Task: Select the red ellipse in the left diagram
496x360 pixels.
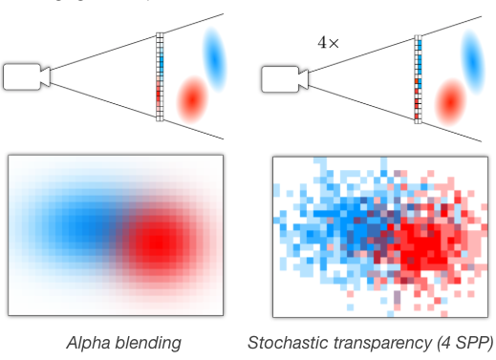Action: pyautogui.click(x=193, y=97)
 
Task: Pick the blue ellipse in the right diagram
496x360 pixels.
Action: pyautogui.click(x=473, y=55)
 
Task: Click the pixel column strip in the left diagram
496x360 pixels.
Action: pyautogui.click(x=160, y=76)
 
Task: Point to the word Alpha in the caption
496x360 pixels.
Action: pyautogui.click(x=86, y=342)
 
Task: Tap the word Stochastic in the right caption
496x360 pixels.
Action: pyautogui.click(x=285, y=342)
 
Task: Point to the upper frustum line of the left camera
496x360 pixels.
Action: pyautogui.click(x=105, y=48)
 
